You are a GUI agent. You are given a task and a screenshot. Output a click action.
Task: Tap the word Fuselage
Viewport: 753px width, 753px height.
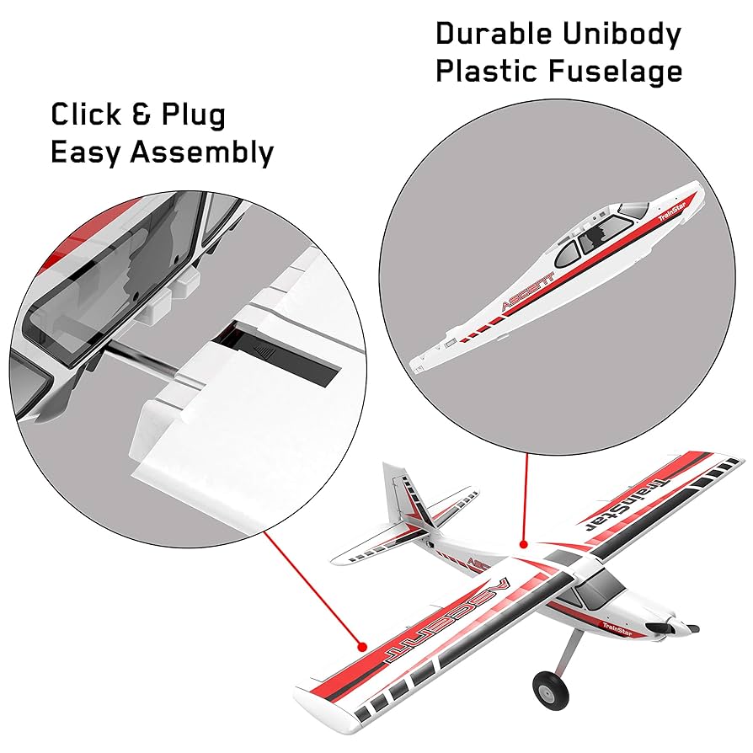(616, 72)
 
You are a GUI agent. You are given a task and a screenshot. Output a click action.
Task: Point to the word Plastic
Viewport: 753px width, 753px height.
(485, 72)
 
